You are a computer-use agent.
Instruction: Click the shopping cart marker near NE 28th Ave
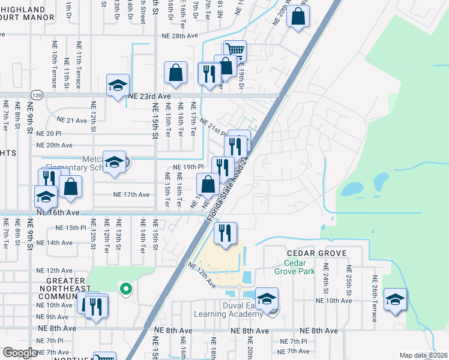(x=235, y=50)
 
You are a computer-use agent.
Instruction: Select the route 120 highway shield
(x=37, y=95)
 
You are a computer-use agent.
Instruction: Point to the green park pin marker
(x=125, y=290)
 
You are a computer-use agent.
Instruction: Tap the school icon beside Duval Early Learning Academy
(x=267, y=298)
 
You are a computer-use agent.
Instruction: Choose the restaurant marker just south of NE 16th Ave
(x=226, y=233)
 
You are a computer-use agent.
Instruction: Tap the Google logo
(x=20, y=353)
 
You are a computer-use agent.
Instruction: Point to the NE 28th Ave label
(x=179, y=36)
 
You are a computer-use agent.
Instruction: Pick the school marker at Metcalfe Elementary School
(x=113, y=162)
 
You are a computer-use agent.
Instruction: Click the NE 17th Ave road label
(x=131, y=194)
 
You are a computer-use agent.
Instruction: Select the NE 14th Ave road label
(x=54, y=243)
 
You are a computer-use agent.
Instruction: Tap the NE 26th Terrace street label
(x=375, y=298)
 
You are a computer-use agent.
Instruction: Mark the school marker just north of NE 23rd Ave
(x=118, y=85)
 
